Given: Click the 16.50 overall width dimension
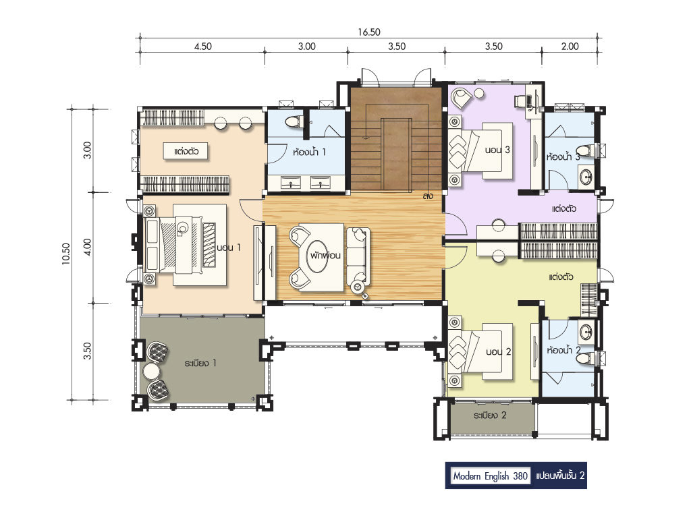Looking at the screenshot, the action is [369, 32].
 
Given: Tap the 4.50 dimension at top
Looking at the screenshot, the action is [202, 47].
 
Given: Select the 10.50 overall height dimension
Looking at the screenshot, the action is [66, 254].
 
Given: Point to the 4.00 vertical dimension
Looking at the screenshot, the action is [87, 247].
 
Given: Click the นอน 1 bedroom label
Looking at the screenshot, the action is [229, 248].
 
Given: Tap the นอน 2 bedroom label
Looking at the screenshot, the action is [499, 351].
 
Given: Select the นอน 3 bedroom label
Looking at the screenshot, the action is [497, 150].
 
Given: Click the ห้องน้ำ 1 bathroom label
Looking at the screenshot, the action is [309, 152].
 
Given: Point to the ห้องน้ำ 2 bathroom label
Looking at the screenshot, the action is [563, 350].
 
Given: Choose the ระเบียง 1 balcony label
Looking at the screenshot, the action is [200, 364].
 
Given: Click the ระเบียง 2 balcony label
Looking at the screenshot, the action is [490, 415].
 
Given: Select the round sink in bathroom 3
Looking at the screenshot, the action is [586, 177].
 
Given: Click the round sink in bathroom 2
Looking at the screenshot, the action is [586, 333].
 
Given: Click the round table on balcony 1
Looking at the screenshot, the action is [150, 372].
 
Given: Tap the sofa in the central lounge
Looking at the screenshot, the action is [356, 256].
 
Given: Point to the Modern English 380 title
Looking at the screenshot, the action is [491, 476].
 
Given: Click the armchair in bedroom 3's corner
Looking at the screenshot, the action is [461, 98].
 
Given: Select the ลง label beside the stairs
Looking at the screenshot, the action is [427, 196].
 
